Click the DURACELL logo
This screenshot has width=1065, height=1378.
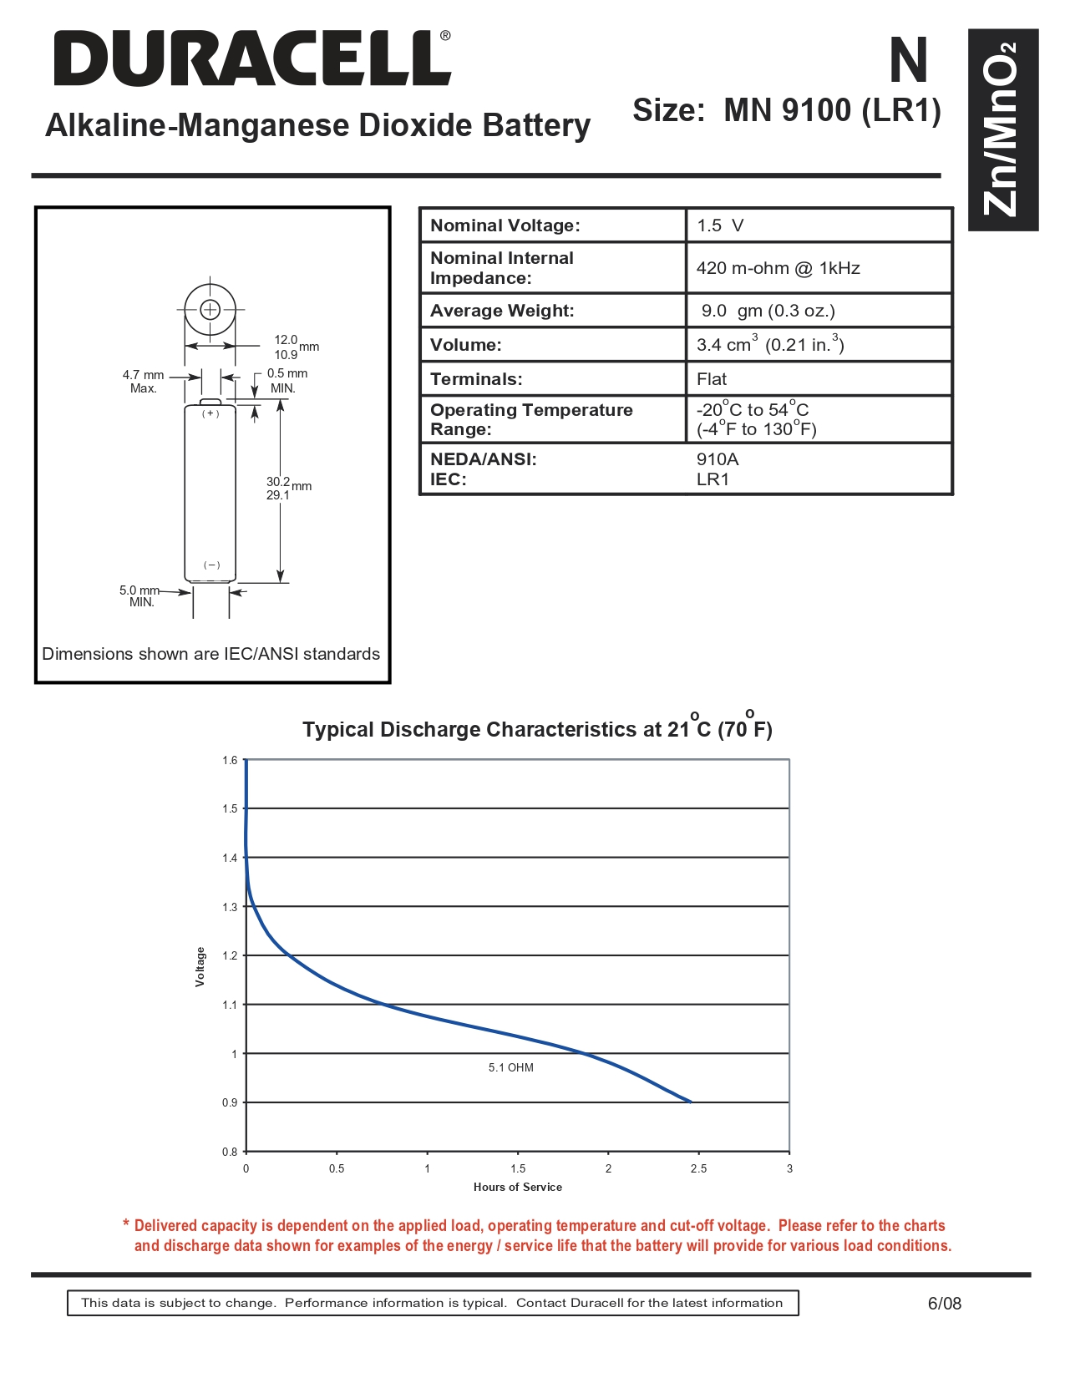click(x=251, y=58)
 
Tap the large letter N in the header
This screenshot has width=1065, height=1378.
click(x=908, y=61)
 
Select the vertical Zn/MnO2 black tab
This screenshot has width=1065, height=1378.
click(x=1002, y=129)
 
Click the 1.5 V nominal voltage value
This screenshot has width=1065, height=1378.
click(x=720, y=225)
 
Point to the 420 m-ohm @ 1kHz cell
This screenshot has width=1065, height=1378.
click(x=778, y=268)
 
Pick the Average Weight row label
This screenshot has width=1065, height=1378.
click(x=502, y=311)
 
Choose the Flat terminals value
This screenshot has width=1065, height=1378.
click(x=712, y=379)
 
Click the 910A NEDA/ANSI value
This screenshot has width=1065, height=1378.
click(x=718, y=459)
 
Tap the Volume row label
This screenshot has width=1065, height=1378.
click(x=465, y=345)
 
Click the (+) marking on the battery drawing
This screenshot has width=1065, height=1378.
click(x=210, y=414)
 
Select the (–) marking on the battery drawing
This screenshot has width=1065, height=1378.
click(x=212, y=565)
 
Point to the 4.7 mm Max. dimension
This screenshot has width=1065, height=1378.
click(x=143, y=381)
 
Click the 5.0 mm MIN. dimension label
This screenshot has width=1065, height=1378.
click(x=139, y=595)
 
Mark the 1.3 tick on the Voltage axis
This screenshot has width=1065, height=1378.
click(x=230, y=907)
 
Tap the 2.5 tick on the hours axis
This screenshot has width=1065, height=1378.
click(x=698, y=1168)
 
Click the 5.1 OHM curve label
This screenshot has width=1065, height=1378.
click(x=510, y=1067)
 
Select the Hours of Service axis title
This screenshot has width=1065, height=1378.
click(x=517, y=1187)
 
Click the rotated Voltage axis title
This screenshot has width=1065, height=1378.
click(x=200, y=966)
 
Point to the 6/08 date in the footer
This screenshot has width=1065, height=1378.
click(x=944, y=1303)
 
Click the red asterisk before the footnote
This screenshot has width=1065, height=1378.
click(x=126, y=1224)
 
